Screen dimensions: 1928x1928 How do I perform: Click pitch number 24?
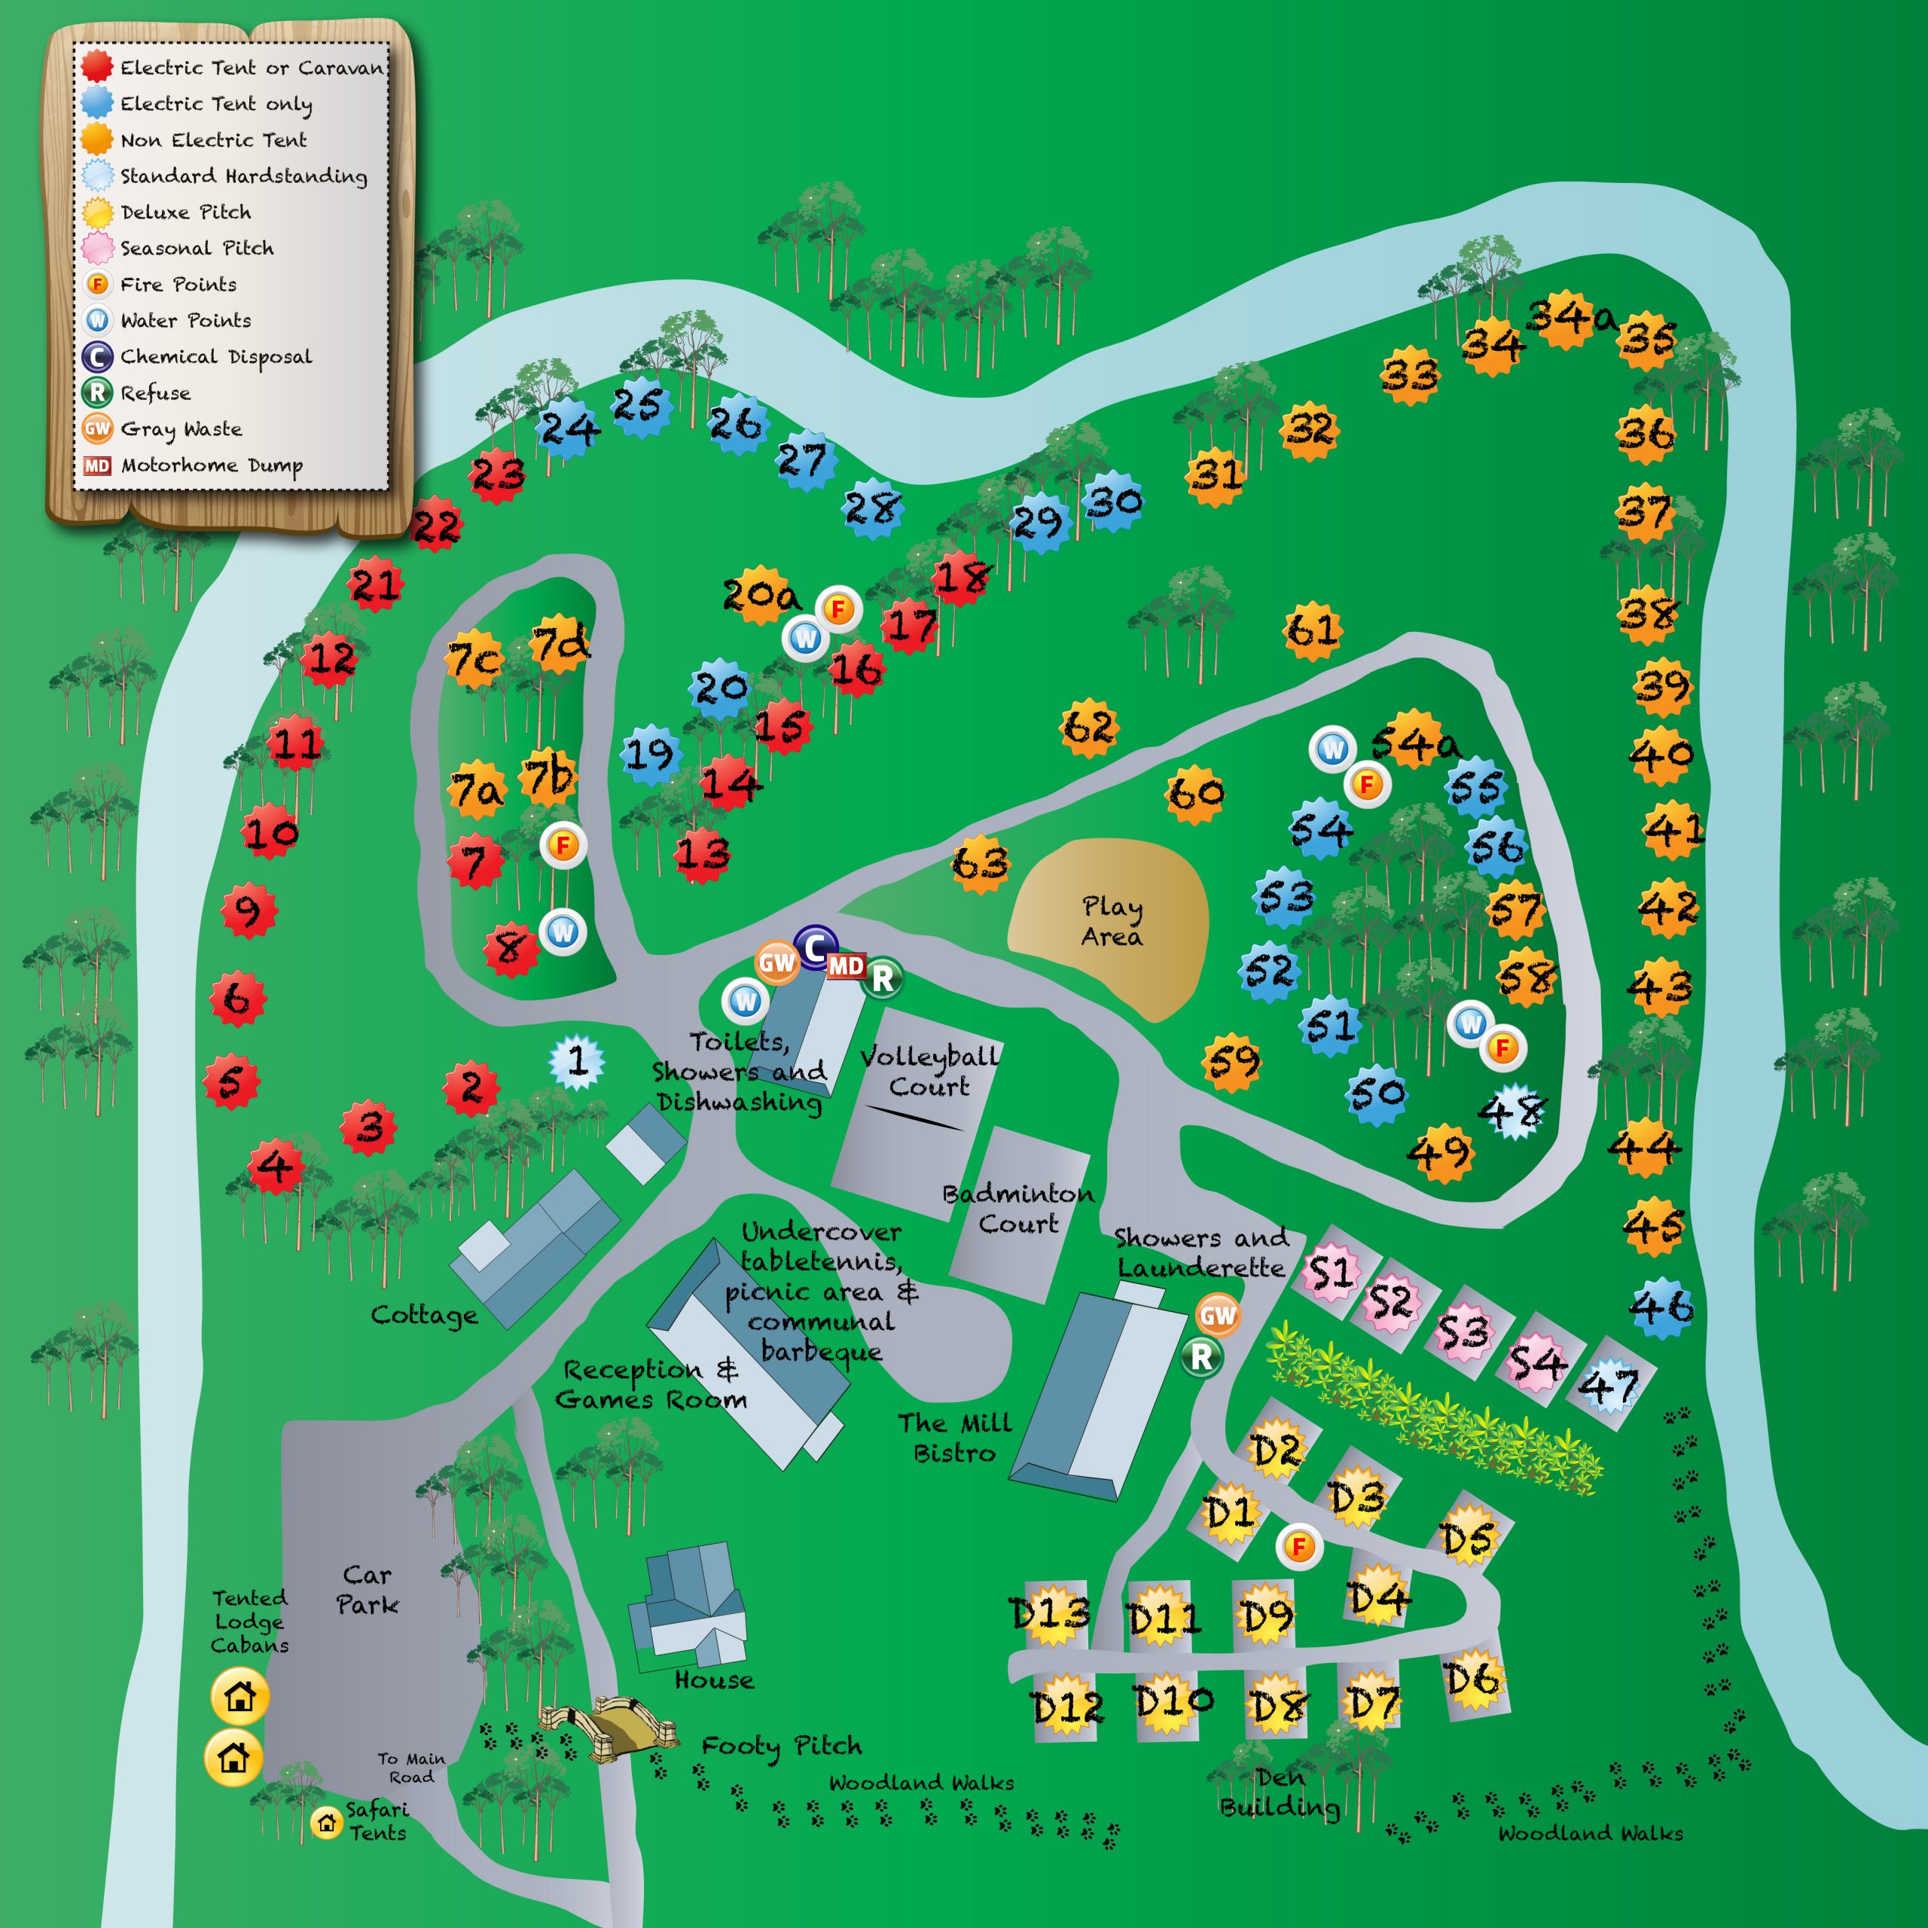(568, 430)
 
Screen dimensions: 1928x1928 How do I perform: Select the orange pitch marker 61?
(1311, 630)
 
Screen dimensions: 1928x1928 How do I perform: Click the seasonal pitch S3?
(1462, 1332)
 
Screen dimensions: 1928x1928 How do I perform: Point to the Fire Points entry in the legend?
(178, 285)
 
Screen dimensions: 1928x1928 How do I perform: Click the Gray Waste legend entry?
(180, 429)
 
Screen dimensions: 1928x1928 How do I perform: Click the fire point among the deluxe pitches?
(1299, 1547)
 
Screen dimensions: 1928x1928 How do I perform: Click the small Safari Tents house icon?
(326, 1823)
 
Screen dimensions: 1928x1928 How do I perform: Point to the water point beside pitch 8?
(563, 932)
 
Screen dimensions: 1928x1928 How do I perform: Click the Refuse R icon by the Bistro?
(1201, 1356)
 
